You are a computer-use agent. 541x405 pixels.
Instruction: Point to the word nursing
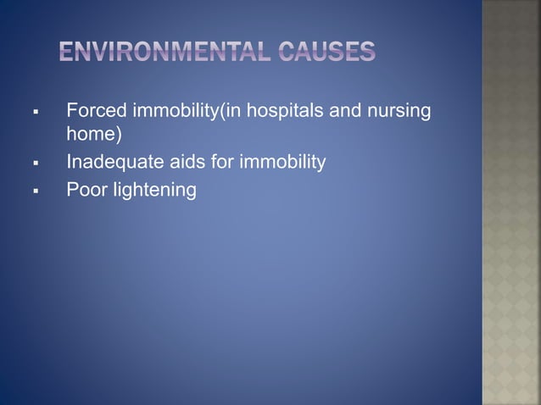coord(403,111)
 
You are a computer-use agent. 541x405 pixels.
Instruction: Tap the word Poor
coord(84,190)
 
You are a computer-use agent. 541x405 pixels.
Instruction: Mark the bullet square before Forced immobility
coord(35,112)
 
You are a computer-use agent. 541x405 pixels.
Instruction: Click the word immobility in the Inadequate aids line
coord(284,161)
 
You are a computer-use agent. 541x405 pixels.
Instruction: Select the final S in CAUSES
coord(368,52)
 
